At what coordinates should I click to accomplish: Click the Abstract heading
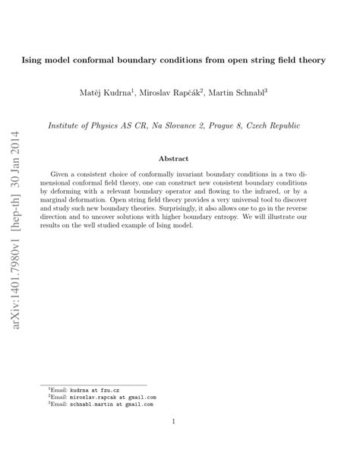[180, 160]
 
